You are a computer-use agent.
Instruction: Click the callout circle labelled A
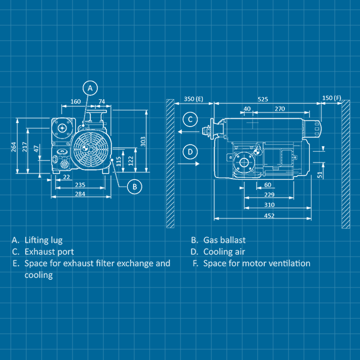90,88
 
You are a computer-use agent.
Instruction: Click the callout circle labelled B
134,186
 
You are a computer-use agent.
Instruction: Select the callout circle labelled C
190,120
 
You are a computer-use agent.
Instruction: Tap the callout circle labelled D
190,152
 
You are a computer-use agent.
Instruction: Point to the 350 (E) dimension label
193,98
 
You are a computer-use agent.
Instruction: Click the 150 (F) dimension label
331,98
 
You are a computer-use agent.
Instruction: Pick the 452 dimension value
269,215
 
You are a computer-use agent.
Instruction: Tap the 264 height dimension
14,147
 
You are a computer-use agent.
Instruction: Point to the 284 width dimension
80,194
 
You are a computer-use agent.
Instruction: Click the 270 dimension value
280,109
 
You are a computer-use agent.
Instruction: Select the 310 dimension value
269,205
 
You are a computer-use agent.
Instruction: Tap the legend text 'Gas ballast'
224,240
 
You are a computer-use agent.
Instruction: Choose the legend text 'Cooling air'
224,252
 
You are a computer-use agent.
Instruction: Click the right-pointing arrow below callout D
190,164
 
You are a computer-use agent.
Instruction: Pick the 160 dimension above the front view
76,102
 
